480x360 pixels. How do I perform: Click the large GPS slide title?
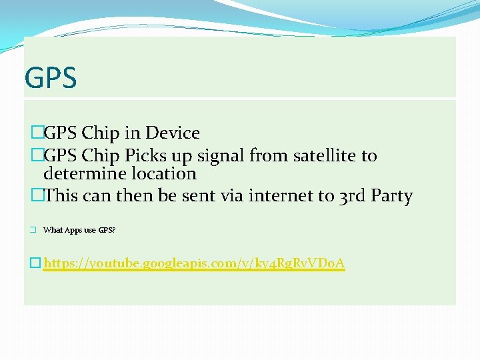point(51,77)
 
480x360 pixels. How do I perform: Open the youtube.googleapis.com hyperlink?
point(194,263)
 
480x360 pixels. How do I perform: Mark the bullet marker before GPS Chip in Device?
point(37,133)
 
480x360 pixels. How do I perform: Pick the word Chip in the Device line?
point(99,133)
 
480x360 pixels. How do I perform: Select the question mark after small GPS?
point(114,230)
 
